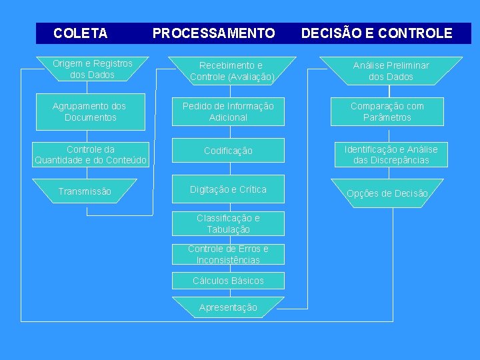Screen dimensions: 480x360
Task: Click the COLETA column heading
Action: pos(80,33)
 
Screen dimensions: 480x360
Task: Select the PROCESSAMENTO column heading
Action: pos(213,33)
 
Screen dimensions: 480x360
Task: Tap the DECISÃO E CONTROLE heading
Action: pos(377,33)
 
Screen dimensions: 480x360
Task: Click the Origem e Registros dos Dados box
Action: pos(92,69)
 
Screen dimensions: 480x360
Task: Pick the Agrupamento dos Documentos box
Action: pos(90,112)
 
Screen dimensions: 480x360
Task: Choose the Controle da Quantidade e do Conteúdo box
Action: pos(90,155)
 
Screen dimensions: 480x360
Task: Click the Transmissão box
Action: pos(85,191)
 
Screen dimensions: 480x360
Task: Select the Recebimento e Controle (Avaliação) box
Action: pos(231,71)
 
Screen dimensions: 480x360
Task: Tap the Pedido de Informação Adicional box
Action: pos(228,112)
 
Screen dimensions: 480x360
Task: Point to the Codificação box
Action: pos(228,151)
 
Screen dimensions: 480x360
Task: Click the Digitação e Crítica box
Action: pos(228,189)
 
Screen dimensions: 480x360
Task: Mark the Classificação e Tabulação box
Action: pos(228,224)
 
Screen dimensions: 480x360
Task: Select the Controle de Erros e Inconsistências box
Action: pos(228,254)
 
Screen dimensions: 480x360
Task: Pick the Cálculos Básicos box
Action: pos(228,281)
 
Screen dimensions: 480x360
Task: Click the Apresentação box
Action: pos(228,307)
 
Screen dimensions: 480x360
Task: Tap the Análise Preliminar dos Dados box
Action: pos(391,71)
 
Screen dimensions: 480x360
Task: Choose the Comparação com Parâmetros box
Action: pos(387,112)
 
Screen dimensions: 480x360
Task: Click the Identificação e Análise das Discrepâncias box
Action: pos(391,155)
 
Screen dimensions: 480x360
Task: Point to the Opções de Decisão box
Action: pos(387,192)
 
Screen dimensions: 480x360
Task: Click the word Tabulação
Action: pos(229,230)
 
